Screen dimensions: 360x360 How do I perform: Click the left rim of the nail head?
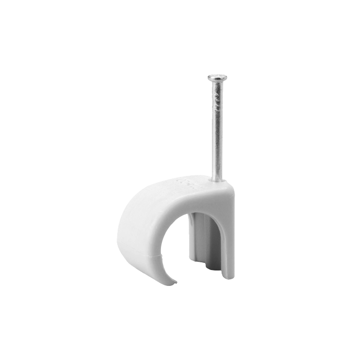[209, 78]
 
